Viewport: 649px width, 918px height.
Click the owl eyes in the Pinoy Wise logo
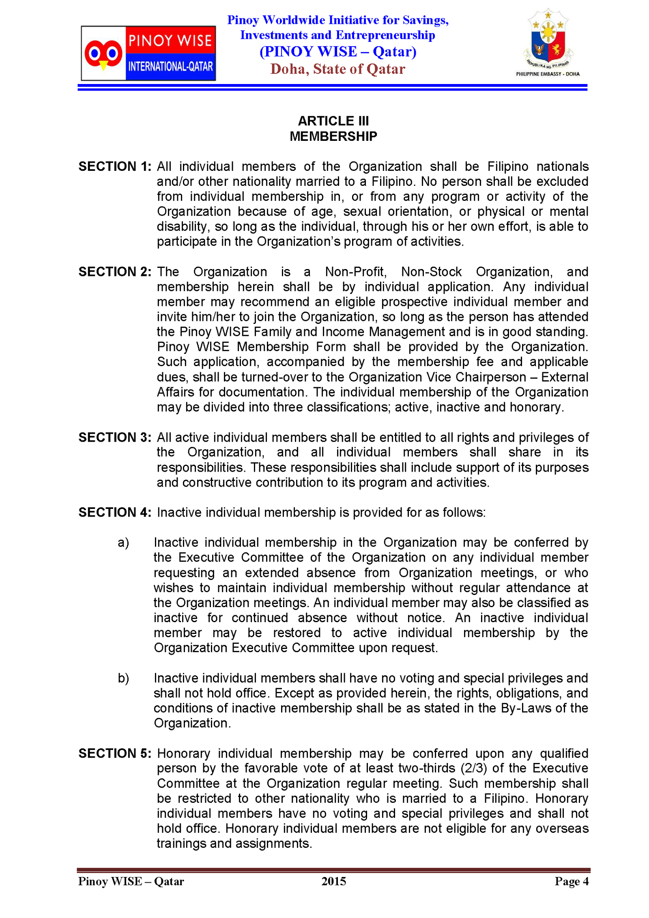(103, 53)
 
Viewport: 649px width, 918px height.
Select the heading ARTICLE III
(333, 121)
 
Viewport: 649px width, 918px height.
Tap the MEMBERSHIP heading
(333, 136)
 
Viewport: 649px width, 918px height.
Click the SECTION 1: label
(115, 166)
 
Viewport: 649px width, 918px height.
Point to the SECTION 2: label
(115, 272)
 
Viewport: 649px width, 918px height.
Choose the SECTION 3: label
(115, 437)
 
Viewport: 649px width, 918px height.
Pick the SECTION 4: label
(115, 512)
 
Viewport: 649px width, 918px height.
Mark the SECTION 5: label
(115, 753)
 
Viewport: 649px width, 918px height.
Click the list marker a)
(123, 543)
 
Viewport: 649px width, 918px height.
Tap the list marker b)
(123, 678)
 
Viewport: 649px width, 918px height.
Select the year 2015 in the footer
(333, 881)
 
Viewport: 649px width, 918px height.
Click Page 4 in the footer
(572, 881)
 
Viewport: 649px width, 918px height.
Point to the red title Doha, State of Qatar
(337, 69)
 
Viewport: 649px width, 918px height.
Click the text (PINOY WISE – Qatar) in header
(337, 52)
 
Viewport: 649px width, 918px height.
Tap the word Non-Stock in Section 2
(431, 272)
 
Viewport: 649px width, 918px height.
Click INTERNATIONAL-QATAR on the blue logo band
(170, 66)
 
